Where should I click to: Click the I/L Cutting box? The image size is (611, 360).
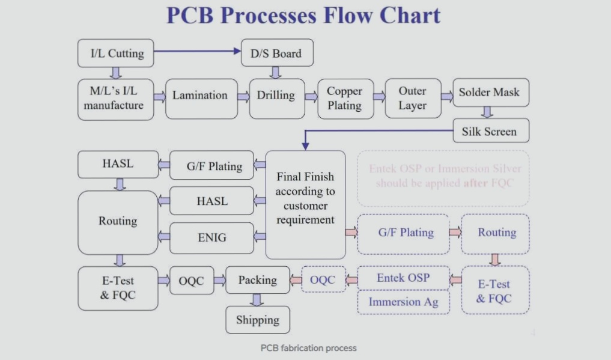click(x=116, y=53)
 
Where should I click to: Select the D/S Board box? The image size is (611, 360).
click(x=276, y=53)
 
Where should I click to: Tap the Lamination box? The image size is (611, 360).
click(x=200, y=96)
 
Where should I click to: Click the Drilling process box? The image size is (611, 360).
click(x=276, y=96)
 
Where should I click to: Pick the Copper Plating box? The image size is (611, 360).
click(x=344, y=98)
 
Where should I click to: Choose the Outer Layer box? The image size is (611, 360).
click(x=412, y=98)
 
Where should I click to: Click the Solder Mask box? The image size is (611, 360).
click(x=489, y=93)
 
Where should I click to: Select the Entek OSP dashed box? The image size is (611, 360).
click(x=403, y=278)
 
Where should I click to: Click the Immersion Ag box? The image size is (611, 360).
click(x=403, y=302)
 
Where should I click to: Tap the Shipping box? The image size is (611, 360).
click(x=257, y=320)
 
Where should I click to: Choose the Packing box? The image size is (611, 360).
click(x=257, y=280)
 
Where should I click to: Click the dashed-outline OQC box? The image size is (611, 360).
click(x=323, y=279)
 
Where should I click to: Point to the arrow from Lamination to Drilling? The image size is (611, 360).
click(x=243, y=96)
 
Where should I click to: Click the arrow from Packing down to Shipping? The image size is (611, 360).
click(x=257, y=299)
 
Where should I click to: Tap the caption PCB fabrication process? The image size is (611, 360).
click(x=308, y=348)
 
